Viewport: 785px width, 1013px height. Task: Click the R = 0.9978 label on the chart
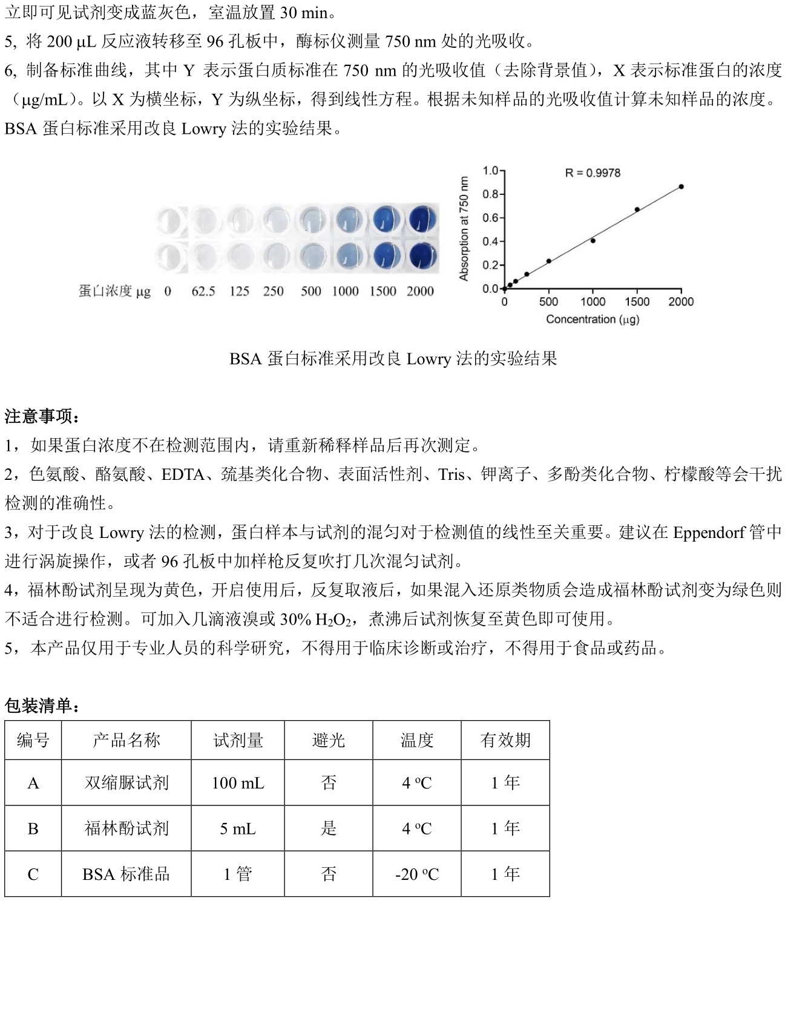point(593,173)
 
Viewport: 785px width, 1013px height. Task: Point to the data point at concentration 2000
point(681,186)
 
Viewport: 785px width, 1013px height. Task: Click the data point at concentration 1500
point(637,209)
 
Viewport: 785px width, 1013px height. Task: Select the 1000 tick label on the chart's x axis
point(593,302)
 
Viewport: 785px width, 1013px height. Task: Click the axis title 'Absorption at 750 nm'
point(464,229)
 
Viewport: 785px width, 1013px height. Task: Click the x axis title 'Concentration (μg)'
point(593,319)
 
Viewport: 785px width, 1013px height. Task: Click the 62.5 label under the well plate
point(203,292)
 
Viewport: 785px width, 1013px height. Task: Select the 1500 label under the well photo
point(383,292)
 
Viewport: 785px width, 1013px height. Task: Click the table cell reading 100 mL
point(238,783)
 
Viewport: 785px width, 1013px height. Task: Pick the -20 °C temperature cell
point(416,874)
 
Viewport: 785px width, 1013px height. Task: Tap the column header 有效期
point(505,740)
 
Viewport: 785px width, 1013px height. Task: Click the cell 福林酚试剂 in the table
point(126,828)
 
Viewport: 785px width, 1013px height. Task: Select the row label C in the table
point(33,874)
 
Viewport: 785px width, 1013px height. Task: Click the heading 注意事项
point(42,416)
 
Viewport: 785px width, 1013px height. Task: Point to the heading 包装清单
point(42,706)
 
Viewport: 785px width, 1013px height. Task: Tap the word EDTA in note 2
point(183,474)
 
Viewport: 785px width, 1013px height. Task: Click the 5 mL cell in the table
point(238,828)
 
